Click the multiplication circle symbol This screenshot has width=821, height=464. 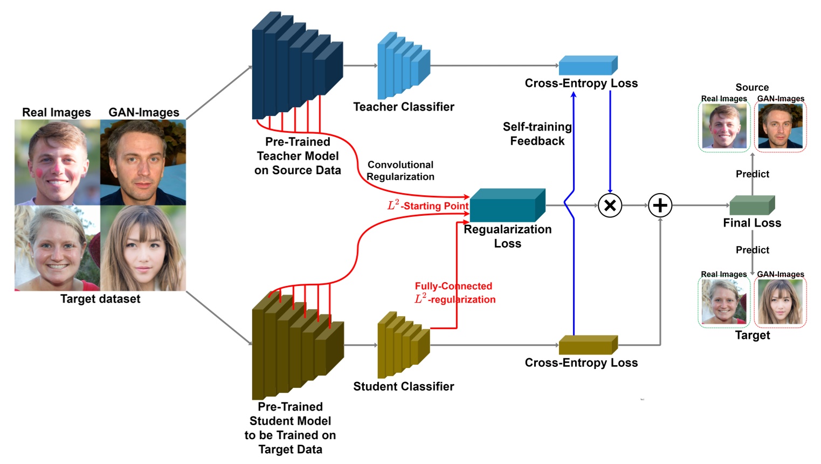coord(610,206)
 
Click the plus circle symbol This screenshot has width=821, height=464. coord(660,206)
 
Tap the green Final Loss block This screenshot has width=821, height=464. coord(751,206)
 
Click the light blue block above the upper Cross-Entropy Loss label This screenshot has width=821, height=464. coord(588,65)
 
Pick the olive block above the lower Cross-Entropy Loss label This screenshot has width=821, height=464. coord(588,345)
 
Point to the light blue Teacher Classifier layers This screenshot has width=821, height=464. coord(403,66)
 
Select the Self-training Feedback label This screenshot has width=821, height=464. coord(537,134)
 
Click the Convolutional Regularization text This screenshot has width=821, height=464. coord(401,170)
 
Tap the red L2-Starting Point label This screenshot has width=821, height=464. coord(428,206)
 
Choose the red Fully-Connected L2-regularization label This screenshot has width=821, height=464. coord(454,293)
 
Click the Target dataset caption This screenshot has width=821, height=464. coord(100,299)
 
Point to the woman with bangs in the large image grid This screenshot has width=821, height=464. coord(143,248)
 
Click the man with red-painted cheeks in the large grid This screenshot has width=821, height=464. coord(57,162)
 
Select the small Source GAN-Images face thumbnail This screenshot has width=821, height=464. coord(780,127)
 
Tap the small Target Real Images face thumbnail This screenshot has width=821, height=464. coord(724,302)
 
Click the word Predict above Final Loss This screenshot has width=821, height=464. coord(752,174)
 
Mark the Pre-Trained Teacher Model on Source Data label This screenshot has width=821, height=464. coord(298,156)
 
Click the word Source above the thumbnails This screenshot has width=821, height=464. coord(752,87)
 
